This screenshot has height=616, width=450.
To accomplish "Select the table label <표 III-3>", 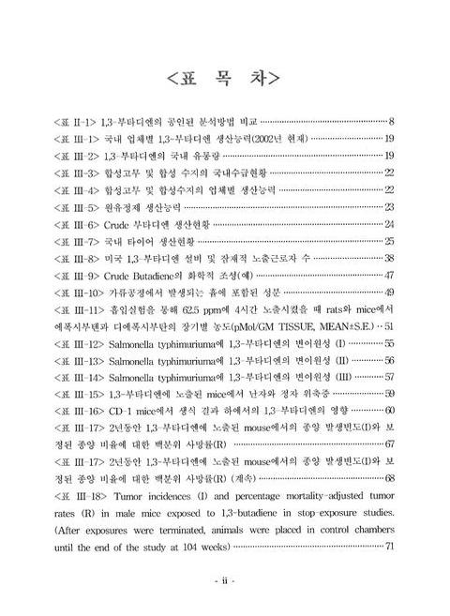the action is [x=76, y=173].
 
